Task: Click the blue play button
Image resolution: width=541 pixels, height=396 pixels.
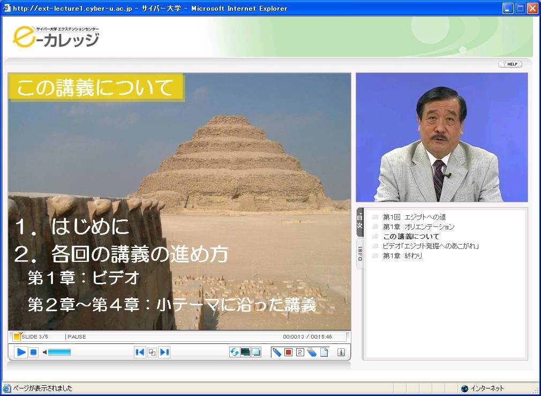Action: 21,352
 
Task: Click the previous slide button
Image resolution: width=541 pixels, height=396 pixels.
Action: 140,352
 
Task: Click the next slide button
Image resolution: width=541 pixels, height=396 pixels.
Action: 164,352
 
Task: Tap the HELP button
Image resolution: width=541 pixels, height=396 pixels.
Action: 510,64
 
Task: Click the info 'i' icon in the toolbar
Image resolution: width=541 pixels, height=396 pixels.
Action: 341,352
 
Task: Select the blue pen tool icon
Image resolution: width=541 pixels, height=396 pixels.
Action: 277,352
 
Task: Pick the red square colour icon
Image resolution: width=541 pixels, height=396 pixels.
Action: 288,352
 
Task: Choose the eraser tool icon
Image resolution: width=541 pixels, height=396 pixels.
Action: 312,352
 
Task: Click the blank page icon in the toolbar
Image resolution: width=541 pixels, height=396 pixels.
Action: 324,352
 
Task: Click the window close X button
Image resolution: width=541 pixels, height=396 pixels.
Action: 532,8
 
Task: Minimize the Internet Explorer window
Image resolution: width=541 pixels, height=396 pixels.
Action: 508,8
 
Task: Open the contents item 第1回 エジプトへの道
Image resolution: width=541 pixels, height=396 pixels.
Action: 414,217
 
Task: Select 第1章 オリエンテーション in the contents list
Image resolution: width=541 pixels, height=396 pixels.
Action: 418,226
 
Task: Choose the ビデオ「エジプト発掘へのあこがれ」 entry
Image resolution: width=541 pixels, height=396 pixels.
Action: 430,246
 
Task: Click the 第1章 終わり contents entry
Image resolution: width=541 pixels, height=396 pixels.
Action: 402,256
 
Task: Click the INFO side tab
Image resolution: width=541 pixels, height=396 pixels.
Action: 359,253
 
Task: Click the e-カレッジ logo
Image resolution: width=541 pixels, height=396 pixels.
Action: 56,38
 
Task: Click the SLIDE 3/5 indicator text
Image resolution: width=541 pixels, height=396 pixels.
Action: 34,336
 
